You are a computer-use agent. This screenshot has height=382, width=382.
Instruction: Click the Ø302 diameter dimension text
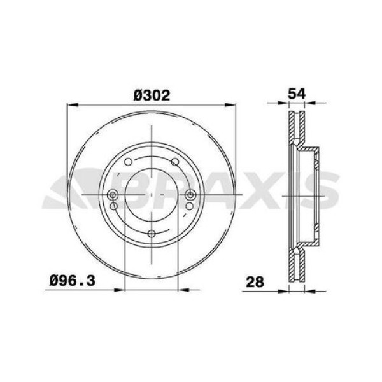pos(152,95)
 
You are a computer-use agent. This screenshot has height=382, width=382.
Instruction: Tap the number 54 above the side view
pos(298,93)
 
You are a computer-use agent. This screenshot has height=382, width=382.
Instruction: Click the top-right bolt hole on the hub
pos(173,162)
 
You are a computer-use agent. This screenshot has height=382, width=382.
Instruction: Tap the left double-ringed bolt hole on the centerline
pos(113,195)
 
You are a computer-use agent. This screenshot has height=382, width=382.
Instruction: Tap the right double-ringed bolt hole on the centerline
pos(189,195)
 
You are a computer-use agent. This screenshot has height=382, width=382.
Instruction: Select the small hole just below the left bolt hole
pos(113,206)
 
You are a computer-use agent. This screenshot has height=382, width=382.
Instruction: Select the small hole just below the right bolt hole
pos(189,206)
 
